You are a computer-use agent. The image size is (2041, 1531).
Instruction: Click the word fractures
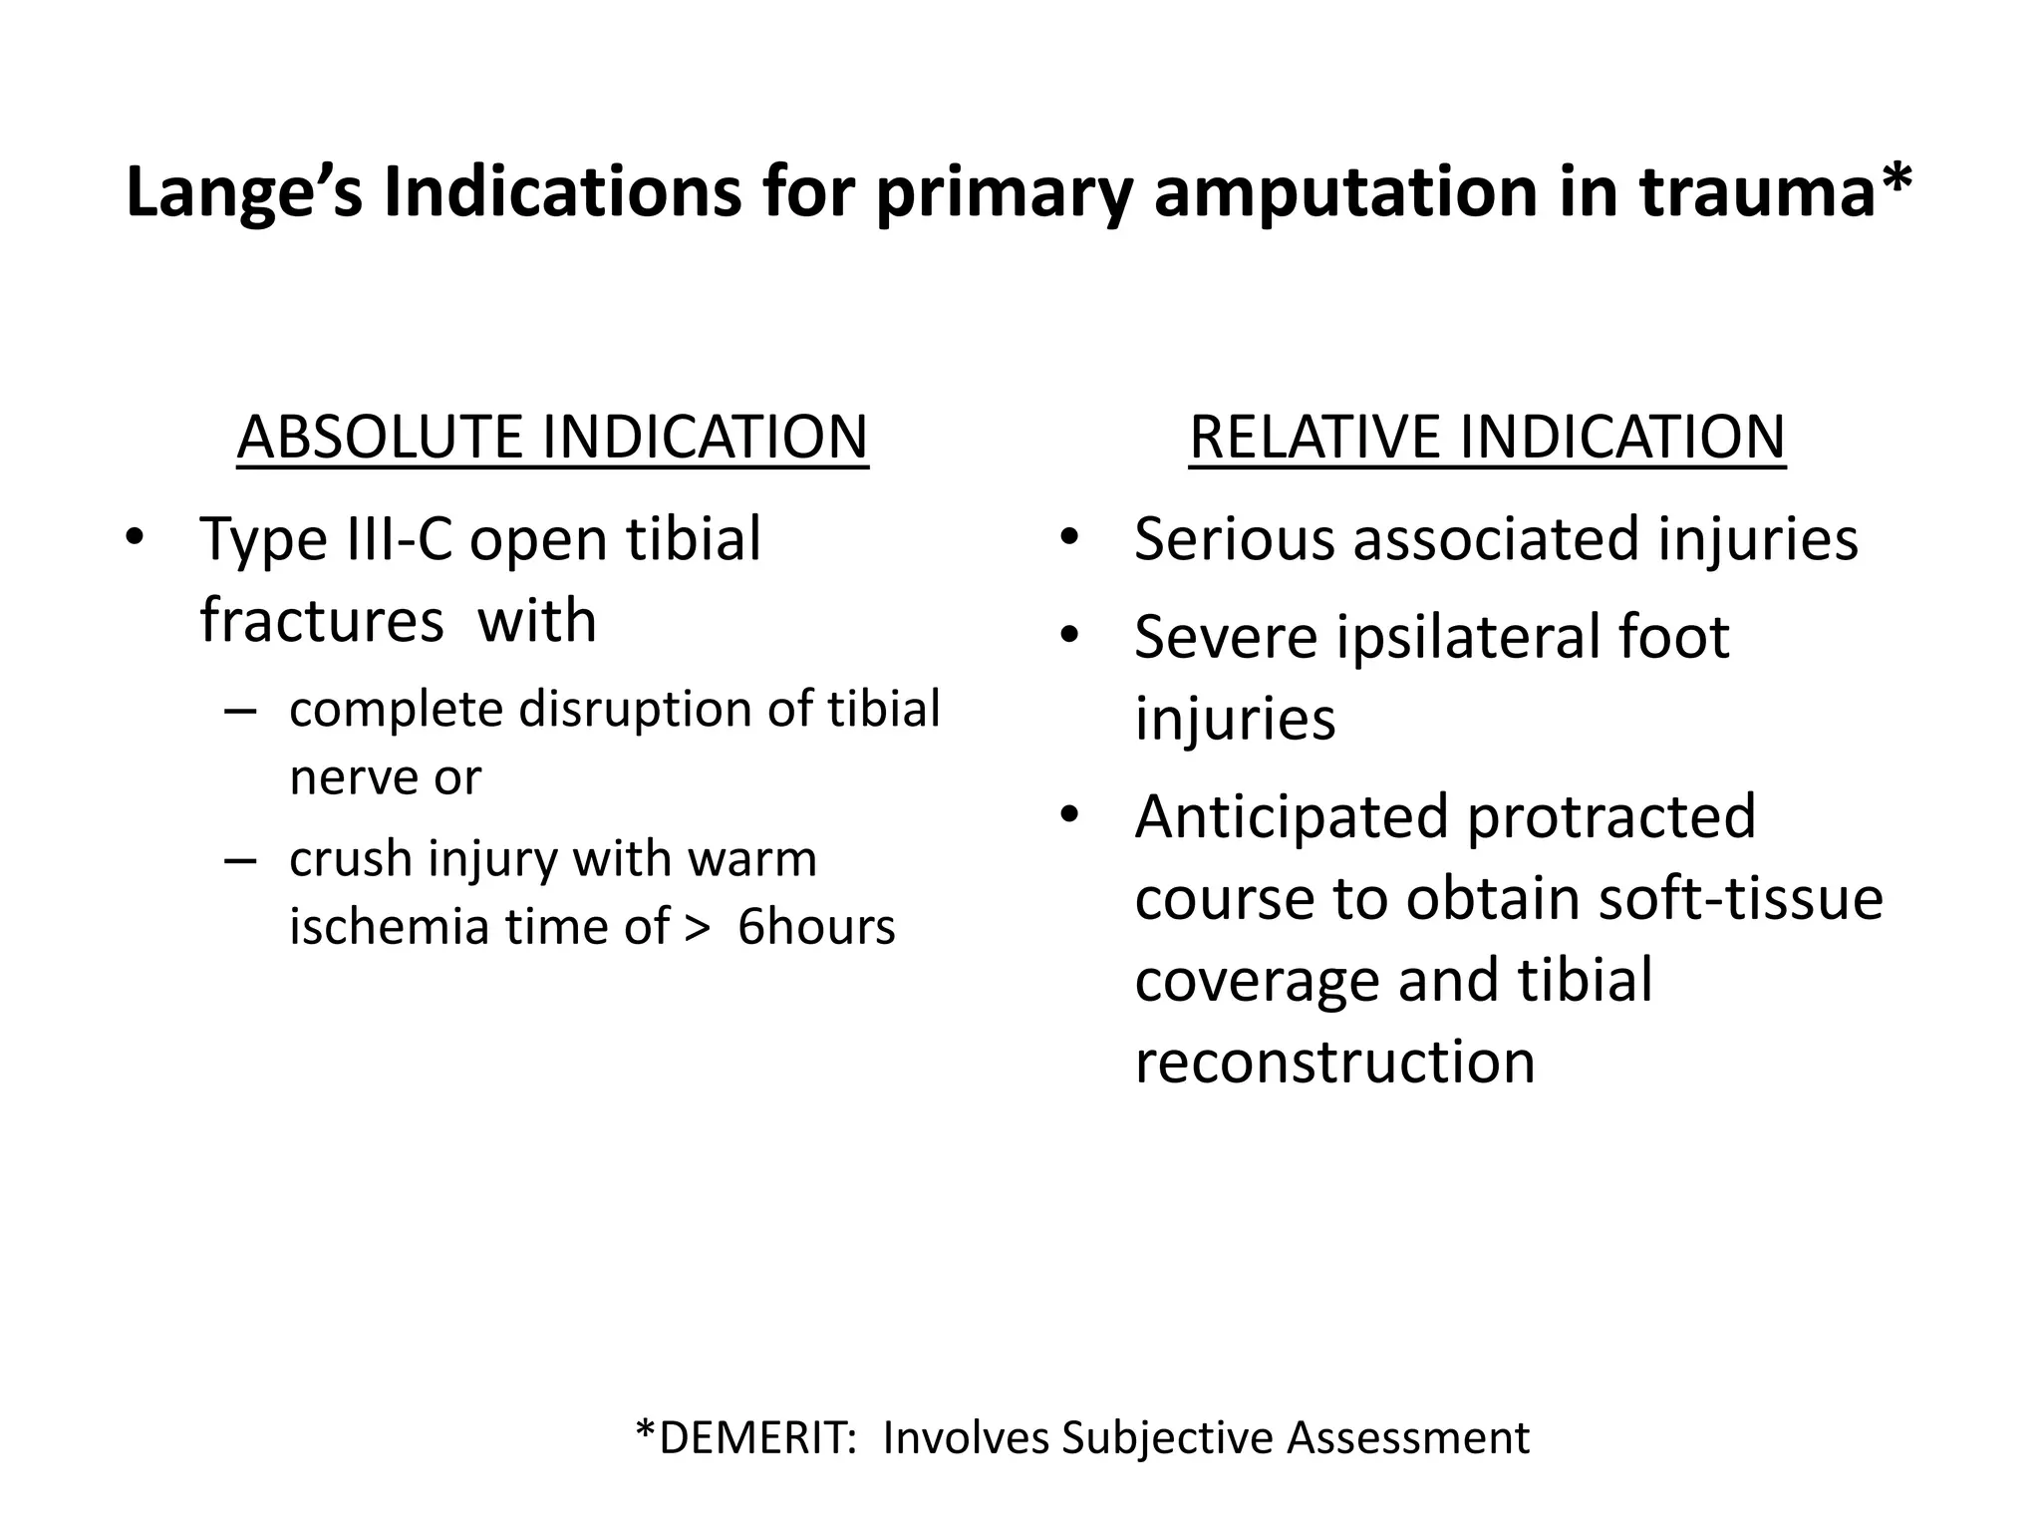321,620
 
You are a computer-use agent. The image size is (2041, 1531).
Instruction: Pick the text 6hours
816,927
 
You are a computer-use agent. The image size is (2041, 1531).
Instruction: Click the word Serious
1234,539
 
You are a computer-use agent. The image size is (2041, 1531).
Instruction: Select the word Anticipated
1291,817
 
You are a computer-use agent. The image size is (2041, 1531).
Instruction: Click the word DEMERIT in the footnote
751,1437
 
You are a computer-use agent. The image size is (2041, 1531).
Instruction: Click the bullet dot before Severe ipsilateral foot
1069,634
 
